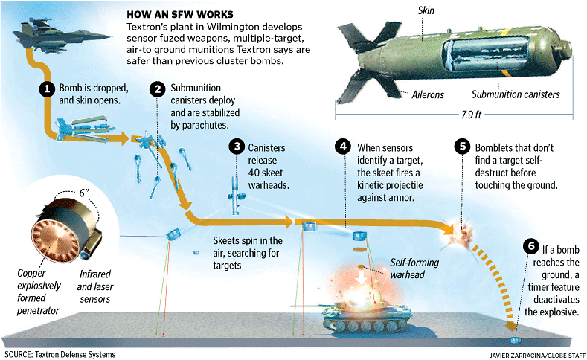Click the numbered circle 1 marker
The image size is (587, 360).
point(46,89)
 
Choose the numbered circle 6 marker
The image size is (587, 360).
point(530,245)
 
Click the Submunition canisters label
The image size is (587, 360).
point(515,94)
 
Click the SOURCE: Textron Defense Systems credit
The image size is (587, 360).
point(60,354)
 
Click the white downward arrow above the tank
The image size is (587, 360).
point(362,275)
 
